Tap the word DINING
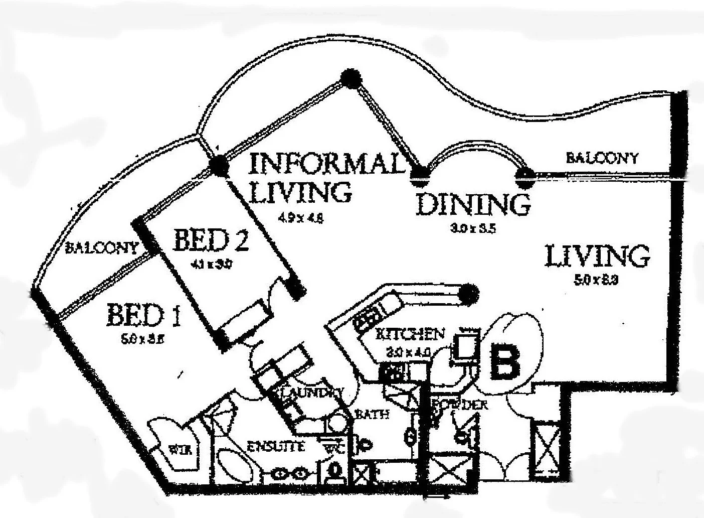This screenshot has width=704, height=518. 473,204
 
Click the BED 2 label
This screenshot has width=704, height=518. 210,241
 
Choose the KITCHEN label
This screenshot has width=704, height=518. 410,334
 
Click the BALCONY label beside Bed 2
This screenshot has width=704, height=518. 102,247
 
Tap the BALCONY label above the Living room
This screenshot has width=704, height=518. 601,158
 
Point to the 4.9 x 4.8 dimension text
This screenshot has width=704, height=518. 300,218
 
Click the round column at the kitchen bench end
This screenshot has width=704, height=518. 469,292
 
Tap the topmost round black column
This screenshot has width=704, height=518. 350,78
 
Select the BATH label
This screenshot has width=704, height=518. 371,415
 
